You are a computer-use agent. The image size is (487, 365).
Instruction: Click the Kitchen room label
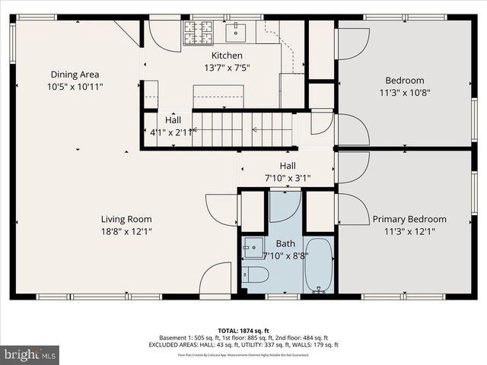click(x=227, y=56)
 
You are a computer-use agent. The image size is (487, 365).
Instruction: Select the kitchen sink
click(x=237, y=30)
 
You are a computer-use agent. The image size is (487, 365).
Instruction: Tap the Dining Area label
click(x=75, y=75)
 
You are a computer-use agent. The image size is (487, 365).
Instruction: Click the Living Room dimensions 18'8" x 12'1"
click(x=128, y=232)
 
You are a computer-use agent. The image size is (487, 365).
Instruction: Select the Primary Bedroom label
click(x=409, y=219)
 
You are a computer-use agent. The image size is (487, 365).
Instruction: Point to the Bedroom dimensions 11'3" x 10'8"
click(x=404, y=93)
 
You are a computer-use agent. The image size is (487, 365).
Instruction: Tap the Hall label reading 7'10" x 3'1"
click(x=288, y=178)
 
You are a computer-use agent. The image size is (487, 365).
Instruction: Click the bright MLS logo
click(x=30, y=354)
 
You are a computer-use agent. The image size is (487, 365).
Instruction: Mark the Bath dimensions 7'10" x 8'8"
click(x=286, y=255)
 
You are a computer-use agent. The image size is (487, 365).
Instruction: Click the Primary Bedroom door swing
click(x=352, y=209)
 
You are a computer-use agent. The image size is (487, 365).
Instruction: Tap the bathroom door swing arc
click(x=283, y=207)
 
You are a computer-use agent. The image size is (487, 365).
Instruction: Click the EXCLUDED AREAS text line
click(x=243, y=345)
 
